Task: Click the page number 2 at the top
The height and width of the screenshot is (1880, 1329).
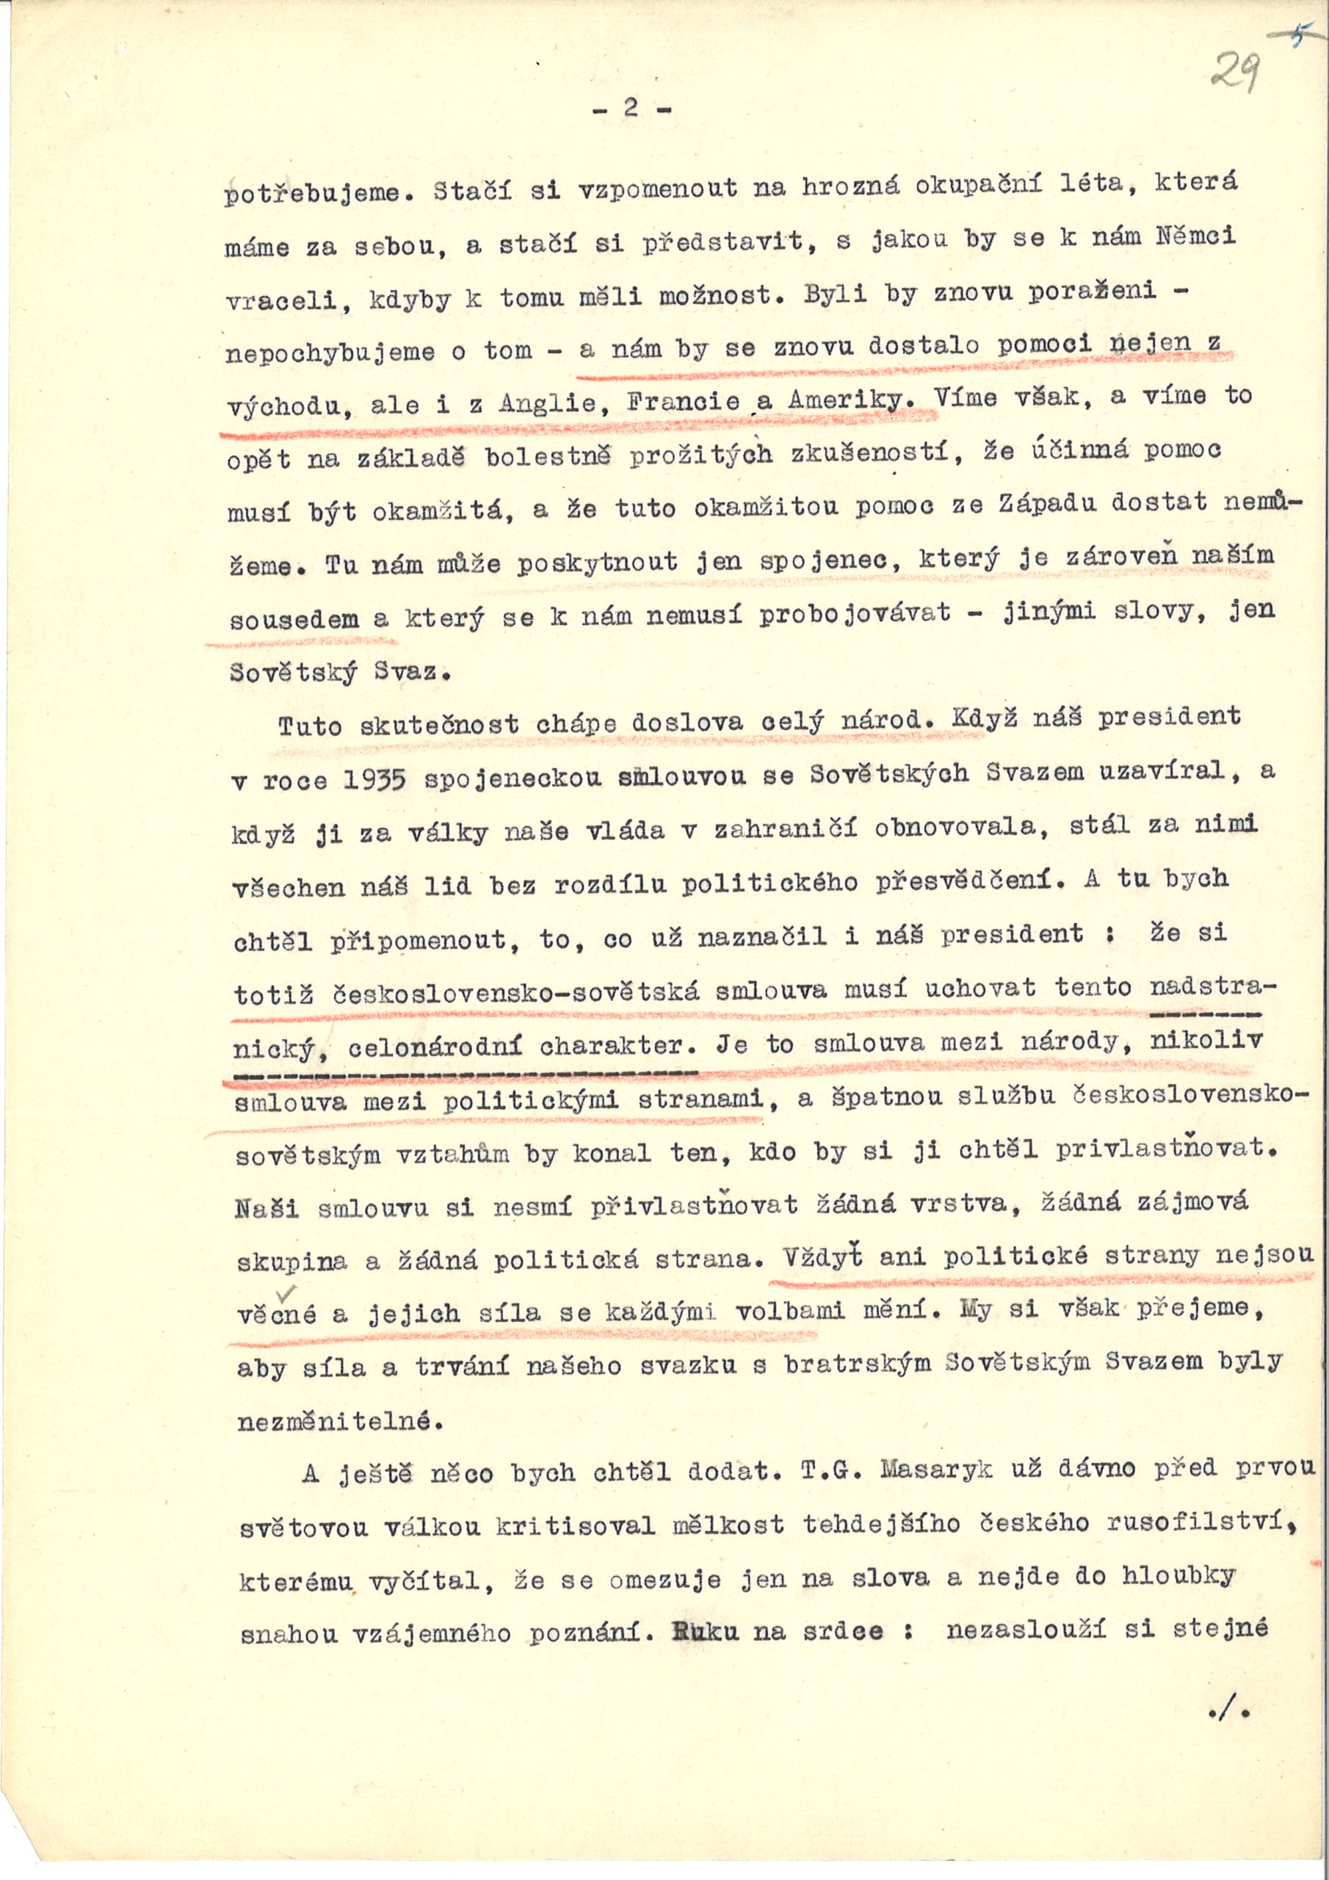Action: [x=630, y=109]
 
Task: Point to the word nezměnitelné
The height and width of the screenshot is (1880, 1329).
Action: [x=339, y=1422]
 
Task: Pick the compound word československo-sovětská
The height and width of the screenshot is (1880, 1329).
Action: [x=517, y=992]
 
